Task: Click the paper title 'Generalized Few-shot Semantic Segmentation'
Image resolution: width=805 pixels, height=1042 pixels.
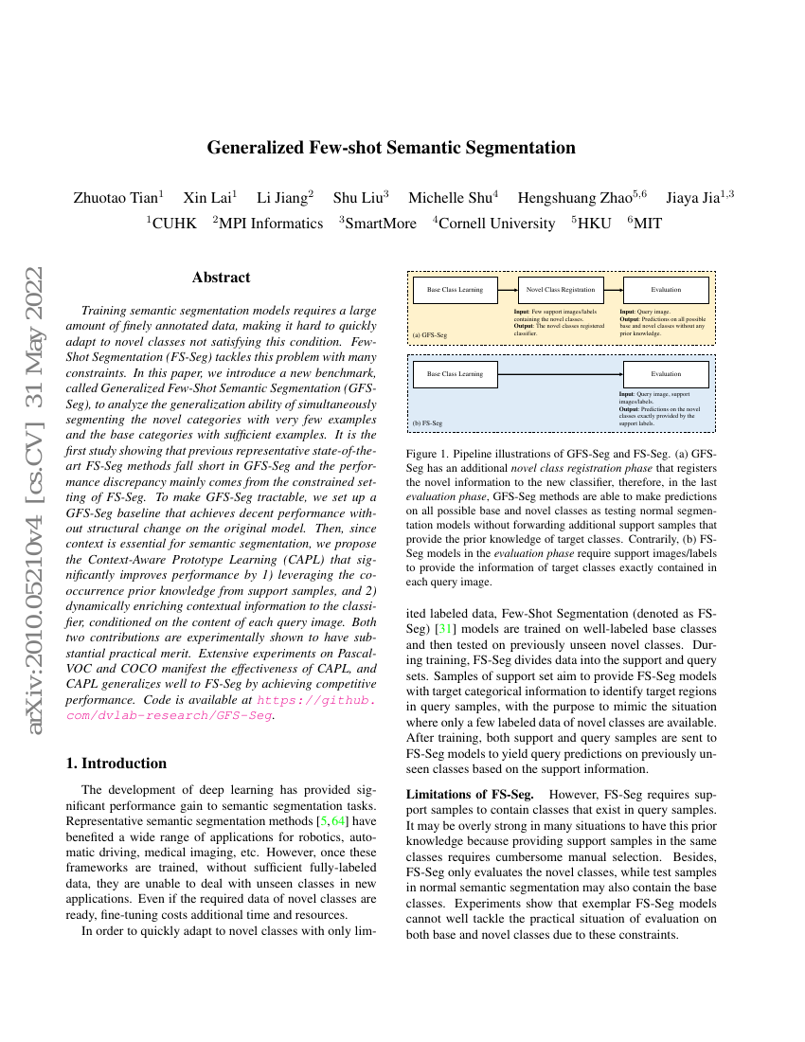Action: click(x=391, y=148)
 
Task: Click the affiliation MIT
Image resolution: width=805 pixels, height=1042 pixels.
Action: click(x=648, y=224)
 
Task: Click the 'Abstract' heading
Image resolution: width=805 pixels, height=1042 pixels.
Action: click(x=221, y=278)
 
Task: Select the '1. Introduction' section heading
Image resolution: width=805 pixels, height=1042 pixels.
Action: click(x=118, y=764)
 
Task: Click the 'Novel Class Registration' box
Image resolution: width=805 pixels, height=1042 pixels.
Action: click(x=561, y=290)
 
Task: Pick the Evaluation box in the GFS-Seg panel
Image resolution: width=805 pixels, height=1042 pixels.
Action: click(x=666, y=290)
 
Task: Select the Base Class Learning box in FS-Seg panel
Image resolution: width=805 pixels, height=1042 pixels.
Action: click(x=455, y=374)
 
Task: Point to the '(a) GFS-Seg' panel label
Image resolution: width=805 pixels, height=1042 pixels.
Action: click(x=429, y=335)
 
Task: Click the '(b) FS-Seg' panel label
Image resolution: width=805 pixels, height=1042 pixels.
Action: click(x=427, y=422)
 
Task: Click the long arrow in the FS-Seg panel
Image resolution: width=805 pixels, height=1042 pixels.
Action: click(x=560, y=374)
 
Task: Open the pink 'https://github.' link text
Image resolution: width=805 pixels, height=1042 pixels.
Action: click(x=316, y=701)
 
